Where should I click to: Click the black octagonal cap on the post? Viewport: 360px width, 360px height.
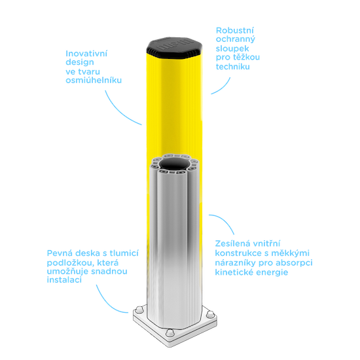(175, 48)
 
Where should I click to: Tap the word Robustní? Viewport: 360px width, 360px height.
(235, 30)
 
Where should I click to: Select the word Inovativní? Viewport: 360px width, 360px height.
(86, 54)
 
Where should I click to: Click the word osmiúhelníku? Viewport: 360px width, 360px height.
(94, 81)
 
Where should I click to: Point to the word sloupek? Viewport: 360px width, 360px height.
(232, 48)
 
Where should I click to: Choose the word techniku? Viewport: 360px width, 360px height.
(233, 67)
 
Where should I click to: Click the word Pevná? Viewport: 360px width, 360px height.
(60, 253)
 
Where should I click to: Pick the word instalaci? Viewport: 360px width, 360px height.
(64, 280)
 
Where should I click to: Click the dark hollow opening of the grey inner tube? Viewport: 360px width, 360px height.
(175, 164)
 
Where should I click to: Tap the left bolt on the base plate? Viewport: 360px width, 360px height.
(139, 310)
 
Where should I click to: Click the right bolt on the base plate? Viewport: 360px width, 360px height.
(210, 314)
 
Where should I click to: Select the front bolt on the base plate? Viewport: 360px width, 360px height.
(170, 333)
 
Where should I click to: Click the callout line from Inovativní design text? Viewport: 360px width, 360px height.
(120, 111)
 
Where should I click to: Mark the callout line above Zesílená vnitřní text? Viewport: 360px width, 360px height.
(225, 221)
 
